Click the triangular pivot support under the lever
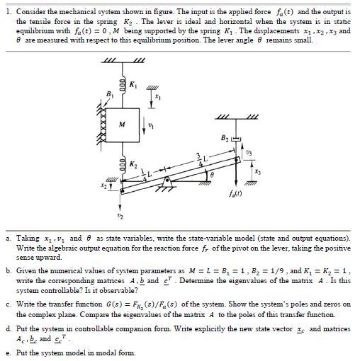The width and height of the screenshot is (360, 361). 167,186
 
